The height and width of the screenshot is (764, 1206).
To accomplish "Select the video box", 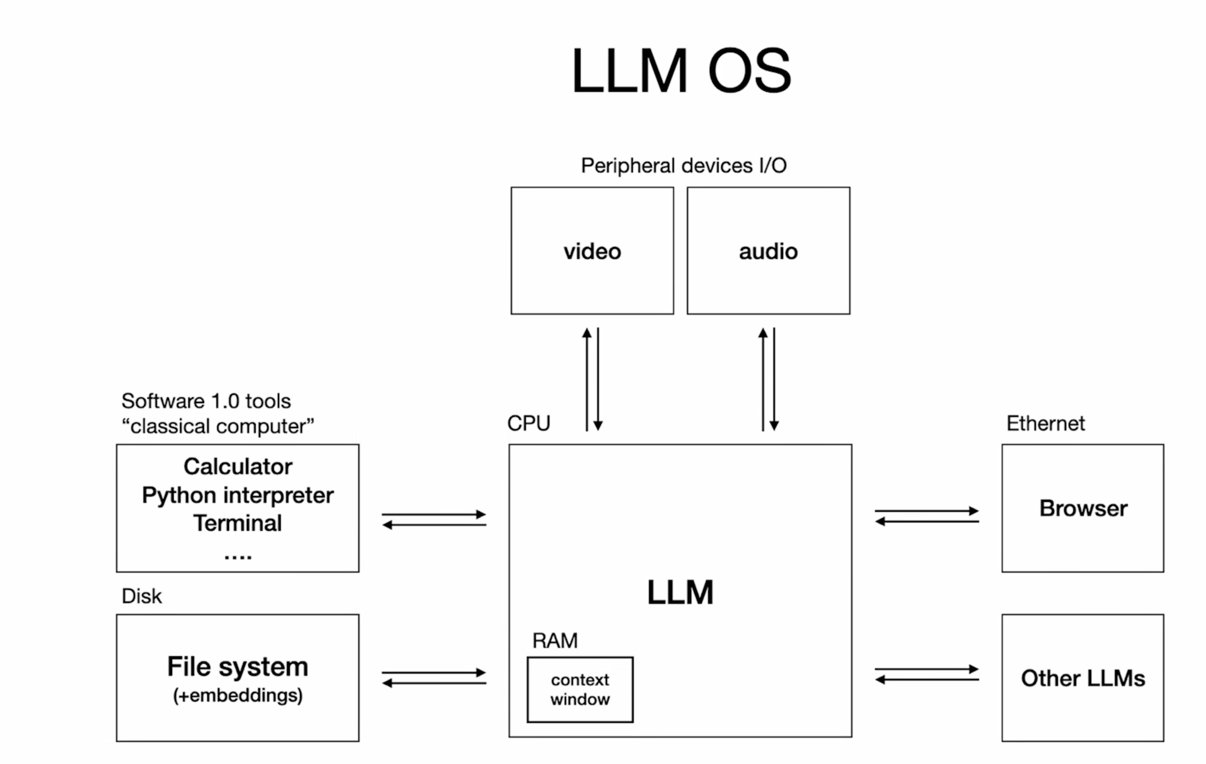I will coord(592,251).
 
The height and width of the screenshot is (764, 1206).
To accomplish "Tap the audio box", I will coord(768,251).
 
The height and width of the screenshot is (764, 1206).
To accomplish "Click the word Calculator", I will coord(238,466).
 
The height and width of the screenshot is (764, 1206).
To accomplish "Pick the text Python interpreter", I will coord(238,495).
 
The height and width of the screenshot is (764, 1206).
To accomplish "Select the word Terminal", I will coord(238,523).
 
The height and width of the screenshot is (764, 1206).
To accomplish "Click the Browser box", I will coord(1083,508).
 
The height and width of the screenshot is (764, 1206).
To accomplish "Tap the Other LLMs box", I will coord(1083,678).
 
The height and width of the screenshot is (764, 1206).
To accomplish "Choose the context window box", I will coord(580,689).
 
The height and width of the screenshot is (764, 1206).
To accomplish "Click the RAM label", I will coord(555,641).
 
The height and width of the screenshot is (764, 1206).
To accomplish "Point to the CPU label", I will coord(528,423).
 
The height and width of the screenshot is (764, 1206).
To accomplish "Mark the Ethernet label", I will coord(1046,424).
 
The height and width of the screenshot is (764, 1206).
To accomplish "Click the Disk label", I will coord(142,596).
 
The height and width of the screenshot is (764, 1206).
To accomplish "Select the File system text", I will coord(238,666).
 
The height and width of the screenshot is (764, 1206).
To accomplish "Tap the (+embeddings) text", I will coord(238,695).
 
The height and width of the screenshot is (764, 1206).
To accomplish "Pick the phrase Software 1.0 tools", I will coord(206,401).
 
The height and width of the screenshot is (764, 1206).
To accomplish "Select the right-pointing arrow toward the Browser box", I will coord(927,511).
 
